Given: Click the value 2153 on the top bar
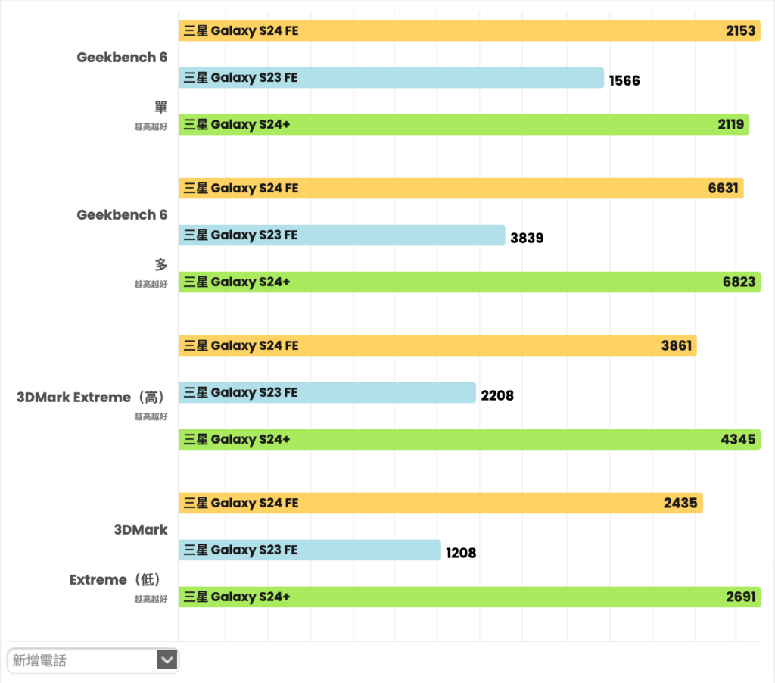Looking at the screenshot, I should pos(740,31).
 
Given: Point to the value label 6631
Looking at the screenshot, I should pos(723,189).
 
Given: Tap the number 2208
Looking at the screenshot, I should pos(497,395).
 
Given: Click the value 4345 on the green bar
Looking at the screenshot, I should pos(739,440).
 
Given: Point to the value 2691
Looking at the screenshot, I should pos(740,597).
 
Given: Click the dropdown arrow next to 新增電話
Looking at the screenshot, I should pos(167,660).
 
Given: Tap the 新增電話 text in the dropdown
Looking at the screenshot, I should pos(39,661).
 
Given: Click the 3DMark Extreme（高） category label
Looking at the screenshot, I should pos(92,397).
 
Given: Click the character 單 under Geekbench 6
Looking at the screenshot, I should pos(160,108).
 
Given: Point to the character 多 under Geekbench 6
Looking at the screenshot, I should pos(160,265).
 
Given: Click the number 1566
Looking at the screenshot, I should pos(624,80).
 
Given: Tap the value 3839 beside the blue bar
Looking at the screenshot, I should pos(527,238).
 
